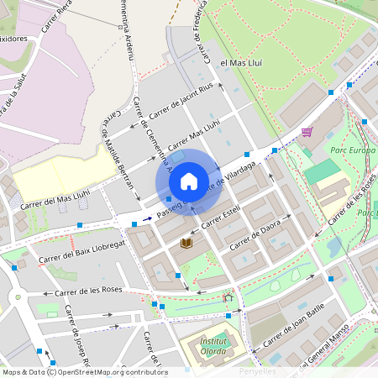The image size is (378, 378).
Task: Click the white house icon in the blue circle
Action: coord(189,181)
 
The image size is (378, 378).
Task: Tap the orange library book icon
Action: coord(186,244)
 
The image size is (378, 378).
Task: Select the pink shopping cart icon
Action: coord(307,131)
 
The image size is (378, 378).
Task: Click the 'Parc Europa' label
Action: coord(354,150)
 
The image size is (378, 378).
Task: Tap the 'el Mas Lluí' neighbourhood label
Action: coord(242,63)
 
